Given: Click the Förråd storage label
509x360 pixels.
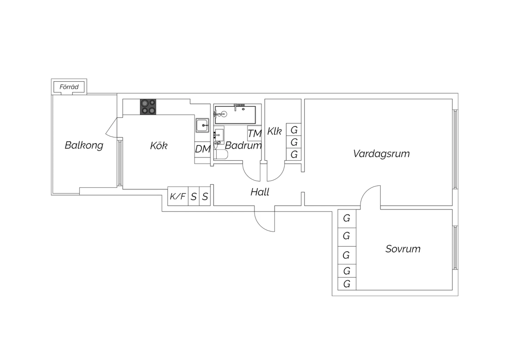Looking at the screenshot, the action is (69, 87).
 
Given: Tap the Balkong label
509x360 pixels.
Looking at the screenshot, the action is (84, 146).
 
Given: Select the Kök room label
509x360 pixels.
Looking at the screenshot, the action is (158, 146).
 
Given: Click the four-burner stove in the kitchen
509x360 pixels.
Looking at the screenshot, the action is (148, 107).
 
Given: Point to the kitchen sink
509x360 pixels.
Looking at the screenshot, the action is (203, 125).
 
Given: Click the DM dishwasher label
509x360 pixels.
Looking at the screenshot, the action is (203, 149).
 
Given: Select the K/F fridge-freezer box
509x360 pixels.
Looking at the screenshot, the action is (178, 196).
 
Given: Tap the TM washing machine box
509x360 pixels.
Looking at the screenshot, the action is (254, 133).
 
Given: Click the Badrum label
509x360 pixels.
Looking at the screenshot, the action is (243, 145).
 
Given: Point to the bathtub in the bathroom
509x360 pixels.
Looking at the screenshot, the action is (235, 115).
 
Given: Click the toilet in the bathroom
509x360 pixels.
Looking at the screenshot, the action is (221, 155).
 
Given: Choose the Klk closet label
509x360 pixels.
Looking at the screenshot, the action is (274, 131).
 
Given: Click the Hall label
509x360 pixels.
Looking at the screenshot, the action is (260, 192).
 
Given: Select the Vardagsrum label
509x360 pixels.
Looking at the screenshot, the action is (381, 154).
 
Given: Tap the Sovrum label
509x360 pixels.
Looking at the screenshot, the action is (403, 249).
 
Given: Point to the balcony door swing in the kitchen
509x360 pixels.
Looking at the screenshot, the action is (111, 130).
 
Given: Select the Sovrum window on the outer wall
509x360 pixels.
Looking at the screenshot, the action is (455, 248).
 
